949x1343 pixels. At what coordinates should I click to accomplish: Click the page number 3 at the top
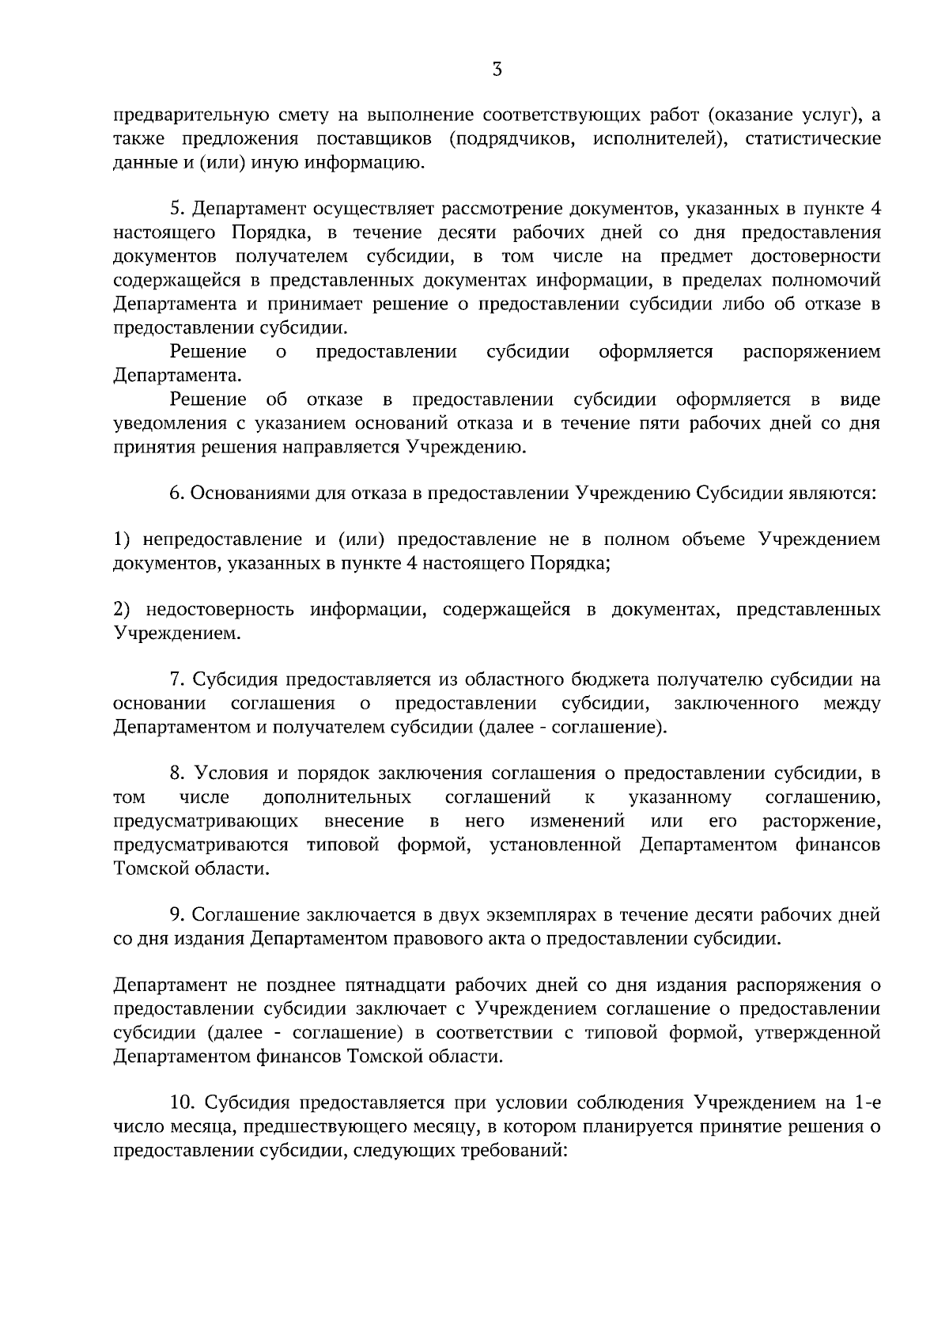pyautogui.click(x=497, y=70)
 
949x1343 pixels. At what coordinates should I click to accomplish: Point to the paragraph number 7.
pyautogui.click(x=177, y=680)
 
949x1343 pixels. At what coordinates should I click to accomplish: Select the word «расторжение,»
pyautogui.click(x=822, y=821)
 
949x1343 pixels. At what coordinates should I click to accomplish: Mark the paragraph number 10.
pyautogui.click(x=182, y=1103)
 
